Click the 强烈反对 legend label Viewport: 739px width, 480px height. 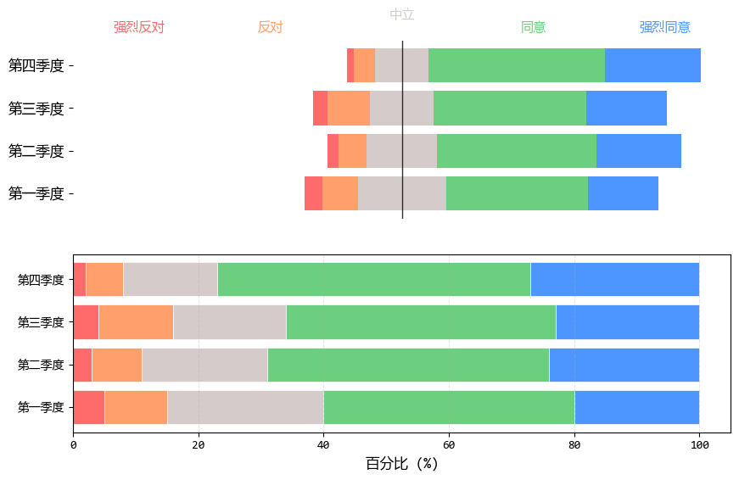[139, 27]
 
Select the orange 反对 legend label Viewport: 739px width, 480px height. [270, 27]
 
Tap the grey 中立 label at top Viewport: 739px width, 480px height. [402, 14]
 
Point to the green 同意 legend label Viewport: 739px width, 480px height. [534, 27]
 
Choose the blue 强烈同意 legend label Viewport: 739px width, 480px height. [665, 27]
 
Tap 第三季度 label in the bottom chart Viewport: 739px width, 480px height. [41, 322]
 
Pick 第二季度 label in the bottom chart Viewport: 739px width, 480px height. [41, 365]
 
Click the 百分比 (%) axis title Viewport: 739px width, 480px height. [402, 464]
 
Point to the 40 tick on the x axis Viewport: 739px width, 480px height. [323, 444]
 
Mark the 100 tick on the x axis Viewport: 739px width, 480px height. [699, 444]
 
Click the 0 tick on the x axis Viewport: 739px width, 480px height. [73, 444]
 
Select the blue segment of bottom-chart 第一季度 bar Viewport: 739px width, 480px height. [637, 407]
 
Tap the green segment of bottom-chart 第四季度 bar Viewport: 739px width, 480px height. [374, 279]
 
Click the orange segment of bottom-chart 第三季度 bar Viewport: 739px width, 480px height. [136, 322]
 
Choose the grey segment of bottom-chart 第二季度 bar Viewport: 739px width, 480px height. [204, 365]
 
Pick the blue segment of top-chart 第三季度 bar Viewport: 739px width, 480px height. [626, 108]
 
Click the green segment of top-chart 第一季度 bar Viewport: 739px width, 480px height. [517, 193]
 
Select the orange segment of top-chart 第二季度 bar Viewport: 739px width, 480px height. [352, 151]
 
